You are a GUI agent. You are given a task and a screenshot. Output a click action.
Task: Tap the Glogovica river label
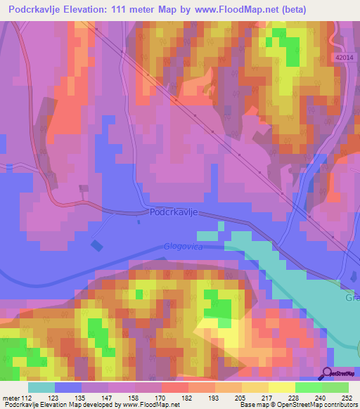point(184,247)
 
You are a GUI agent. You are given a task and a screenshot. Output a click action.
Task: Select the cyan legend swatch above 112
point(41,387)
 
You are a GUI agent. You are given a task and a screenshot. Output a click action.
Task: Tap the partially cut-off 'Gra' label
point(352,297)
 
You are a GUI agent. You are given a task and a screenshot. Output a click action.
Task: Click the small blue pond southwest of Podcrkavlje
point(96,245)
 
